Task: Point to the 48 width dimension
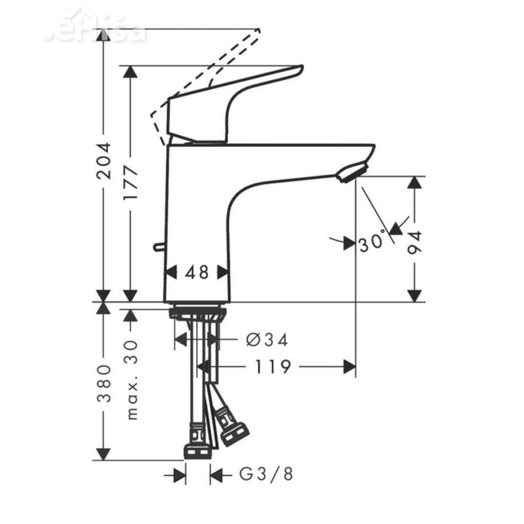(x=196, y=272)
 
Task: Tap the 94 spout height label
(x=413, y=242)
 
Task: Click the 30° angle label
(x=371, y=243)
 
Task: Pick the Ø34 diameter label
(x=267, y=339)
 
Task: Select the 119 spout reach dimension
(x=271, y=367)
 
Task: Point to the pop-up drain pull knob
(x=159, y=247)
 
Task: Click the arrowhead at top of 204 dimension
(x=103, y=35)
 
